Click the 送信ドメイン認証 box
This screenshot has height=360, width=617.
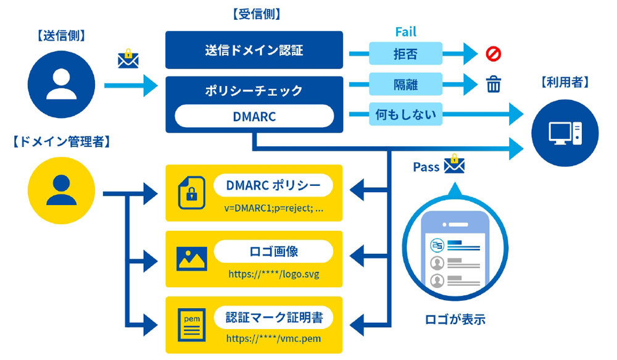point(254,50)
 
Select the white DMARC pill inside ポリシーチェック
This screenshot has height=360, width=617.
point(254,115)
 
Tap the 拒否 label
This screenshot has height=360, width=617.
point(405,54)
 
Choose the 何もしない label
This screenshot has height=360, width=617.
point(405,115)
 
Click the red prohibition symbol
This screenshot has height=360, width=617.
point(494,54)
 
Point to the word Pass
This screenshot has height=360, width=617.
point(426,167)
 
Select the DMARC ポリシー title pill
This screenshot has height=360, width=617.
point(273,185)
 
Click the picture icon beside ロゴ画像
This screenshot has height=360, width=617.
point(191,258)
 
